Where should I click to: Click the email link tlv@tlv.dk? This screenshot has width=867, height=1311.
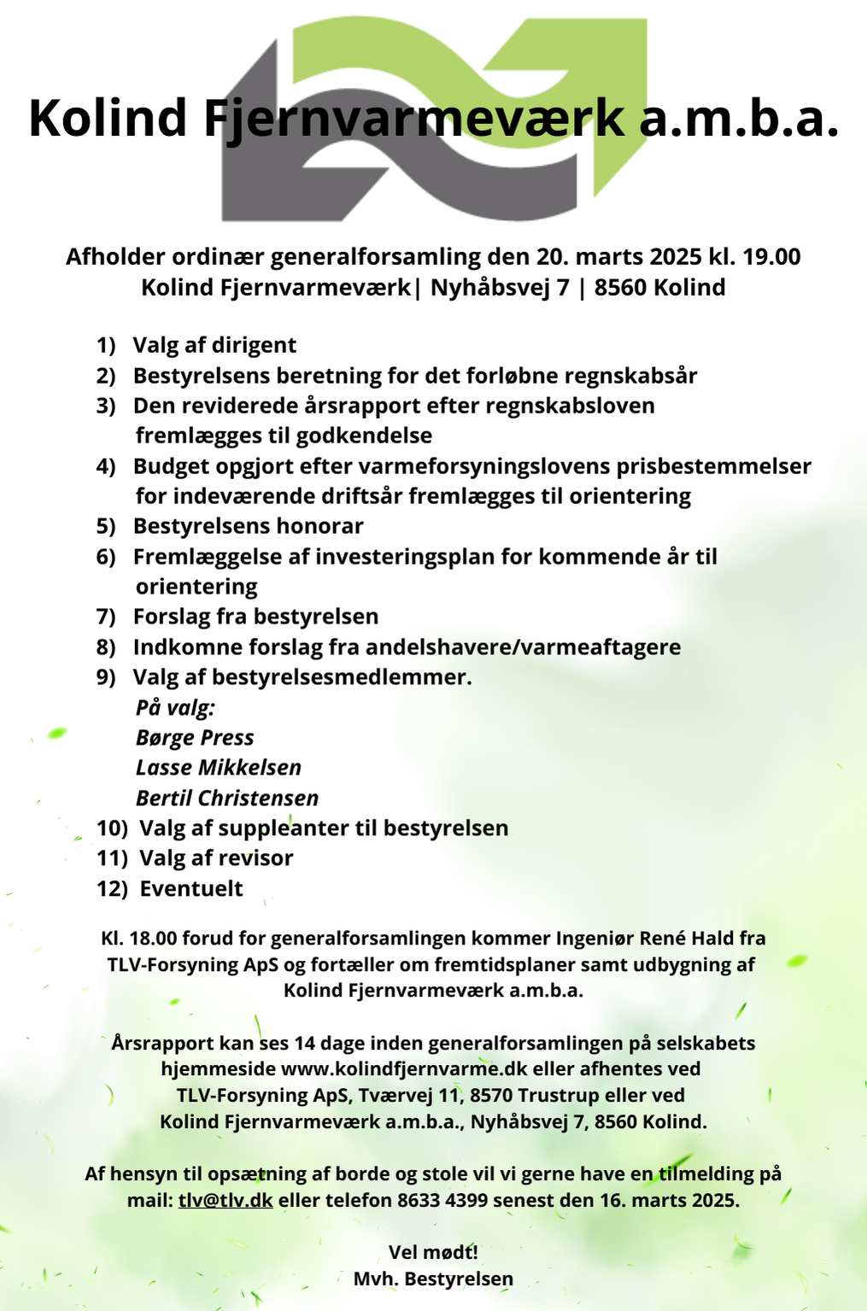[226, 1200]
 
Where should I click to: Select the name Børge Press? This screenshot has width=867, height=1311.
[195, 738]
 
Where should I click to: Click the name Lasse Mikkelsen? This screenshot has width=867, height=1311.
[219, 768]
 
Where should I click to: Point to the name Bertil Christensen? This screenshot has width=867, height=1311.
[227, 799]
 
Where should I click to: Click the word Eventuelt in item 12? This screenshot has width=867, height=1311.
[191, 889]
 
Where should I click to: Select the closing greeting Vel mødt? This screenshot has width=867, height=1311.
[433, 1253]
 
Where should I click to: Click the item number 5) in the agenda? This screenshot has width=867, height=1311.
[105, 526]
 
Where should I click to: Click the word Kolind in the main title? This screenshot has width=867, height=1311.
[108, 118]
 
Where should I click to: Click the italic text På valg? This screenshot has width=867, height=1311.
[175, 708]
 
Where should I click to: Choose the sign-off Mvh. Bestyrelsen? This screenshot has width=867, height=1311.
[433, 1279]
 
